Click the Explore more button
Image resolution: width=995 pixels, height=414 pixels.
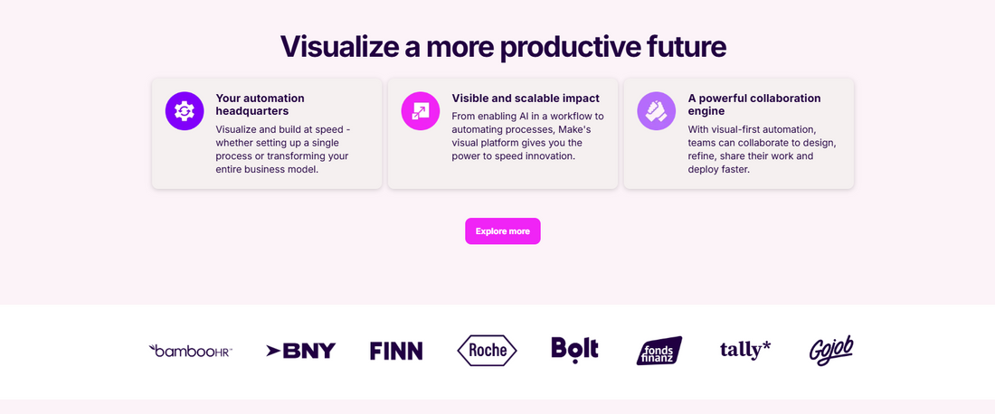503,231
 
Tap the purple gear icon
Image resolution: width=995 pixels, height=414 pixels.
185,111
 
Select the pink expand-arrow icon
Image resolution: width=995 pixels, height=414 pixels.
420,111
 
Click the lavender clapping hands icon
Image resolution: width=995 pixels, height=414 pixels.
656,111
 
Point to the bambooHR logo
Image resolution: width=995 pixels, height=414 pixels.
190,351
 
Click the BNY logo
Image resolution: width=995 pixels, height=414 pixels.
301,351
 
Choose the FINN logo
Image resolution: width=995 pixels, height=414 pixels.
396,351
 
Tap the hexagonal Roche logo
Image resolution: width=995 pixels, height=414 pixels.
488,351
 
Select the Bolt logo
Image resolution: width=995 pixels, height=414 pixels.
575,349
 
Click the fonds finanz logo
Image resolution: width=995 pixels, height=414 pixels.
659,351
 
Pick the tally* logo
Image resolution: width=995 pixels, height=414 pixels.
745,349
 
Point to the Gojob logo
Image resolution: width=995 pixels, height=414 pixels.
831,350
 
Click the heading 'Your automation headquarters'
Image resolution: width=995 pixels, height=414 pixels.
261,105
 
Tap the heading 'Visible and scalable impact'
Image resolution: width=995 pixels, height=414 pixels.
526,99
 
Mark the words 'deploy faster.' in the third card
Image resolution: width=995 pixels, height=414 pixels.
719,169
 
